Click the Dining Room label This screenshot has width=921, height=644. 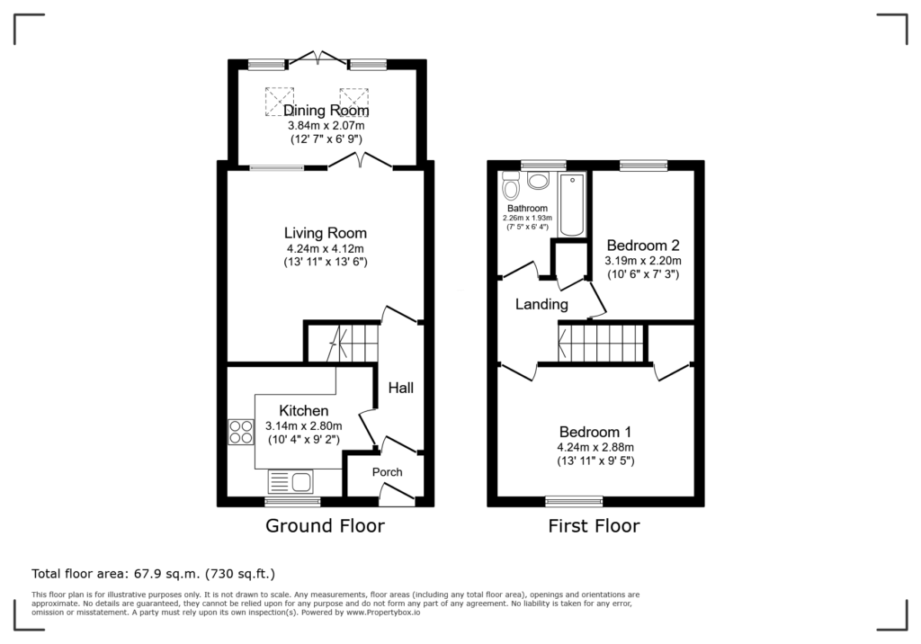326,111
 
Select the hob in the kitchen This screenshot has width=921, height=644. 241,432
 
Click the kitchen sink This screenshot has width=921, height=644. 291,482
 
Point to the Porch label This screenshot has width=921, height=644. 387,472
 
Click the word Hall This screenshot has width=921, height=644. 400,388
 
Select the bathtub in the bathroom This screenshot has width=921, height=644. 572,204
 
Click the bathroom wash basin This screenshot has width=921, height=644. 538,180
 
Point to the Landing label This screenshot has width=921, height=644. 541,304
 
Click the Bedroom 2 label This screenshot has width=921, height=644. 644,245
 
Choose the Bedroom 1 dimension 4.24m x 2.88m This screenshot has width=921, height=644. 595,447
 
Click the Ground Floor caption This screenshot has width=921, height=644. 325,525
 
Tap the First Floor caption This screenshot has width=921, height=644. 594,525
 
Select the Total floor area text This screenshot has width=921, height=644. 153,574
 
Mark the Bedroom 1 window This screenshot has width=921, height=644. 574,501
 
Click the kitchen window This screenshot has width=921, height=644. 292,501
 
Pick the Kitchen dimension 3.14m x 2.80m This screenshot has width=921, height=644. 304,426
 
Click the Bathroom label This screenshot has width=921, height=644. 527,208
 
